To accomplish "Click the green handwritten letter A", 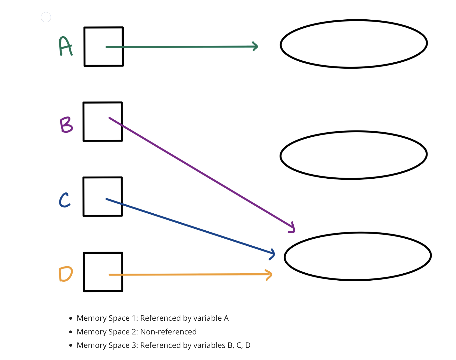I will (x=65, y=46).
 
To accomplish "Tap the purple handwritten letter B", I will (x=66, y=125).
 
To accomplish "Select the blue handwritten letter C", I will (x=65, y=200).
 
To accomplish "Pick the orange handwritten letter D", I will (x=66, y=274).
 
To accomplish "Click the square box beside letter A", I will (x=104, y=47).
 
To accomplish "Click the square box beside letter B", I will (x=103, y=122).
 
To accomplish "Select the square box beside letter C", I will (x=103, y=197).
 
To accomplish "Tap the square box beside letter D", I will (x=103, y=272).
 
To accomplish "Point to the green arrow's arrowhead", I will (x=256, y=46).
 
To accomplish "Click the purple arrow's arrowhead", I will (x=293, y=228).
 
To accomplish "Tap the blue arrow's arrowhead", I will (x=273, y=254).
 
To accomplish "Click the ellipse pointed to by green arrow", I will (x=354, y=44).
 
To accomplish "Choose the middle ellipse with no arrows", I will (x=354, y=155).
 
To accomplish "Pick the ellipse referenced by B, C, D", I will (x=358, y=256).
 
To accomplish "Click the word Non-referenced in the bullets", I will (x=169, y=332).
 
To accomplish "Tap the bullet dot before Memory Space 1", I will (x=71, y=318).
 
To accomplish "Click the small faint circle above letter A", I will (x=46, y=17).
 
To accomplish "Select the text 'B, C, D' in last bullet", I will (x=239, y=345).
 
